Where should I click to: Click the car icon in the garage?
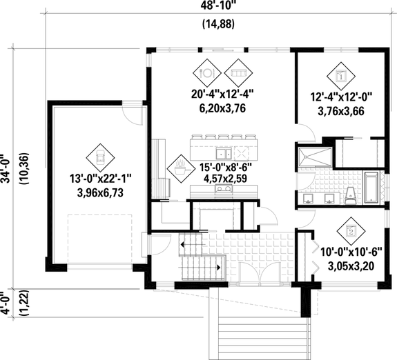coord(100,155)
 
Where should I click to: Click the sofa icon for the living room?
coord(238,71)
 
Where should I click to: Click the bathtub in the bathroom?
coord(371,187)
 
